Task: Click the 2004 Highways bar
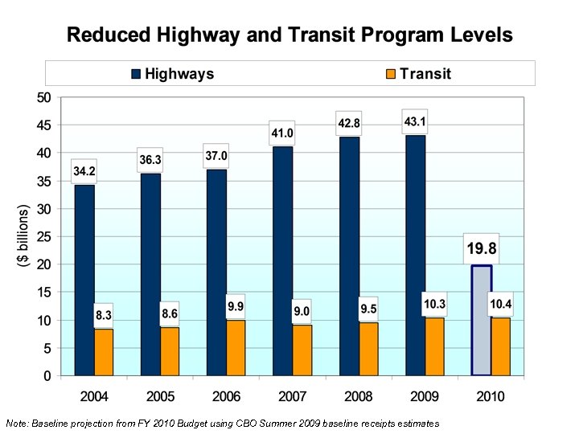84,280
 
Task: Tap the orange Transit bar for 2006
236,347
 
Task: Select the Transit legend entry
417,74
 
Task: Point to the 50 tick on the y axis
43,98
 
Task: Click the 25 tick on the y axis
43,237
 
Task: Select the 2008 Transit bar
368,349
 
